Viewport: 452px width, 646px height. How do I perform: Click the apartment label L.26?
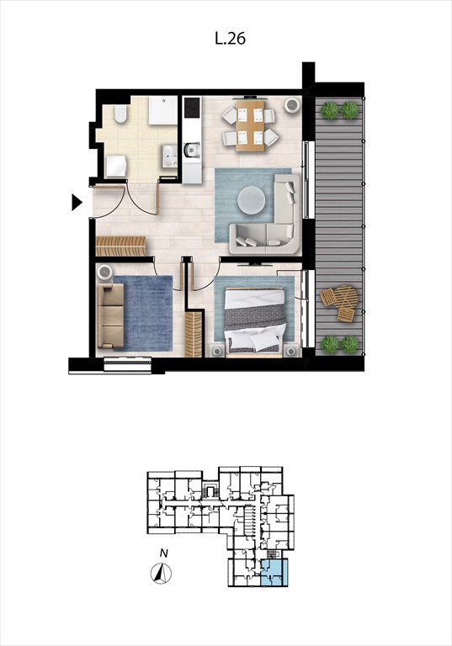pos(230,39)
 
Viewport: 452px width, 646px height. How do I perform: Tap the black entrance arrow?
pos(77,202)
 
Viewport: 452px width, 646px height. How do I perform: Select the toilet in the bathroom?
pos(120,114)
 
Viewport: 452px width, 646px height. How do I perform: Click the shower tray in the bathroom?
pos(163,110)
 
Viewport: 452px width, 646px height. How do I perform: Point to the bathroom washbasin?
pos(169,156)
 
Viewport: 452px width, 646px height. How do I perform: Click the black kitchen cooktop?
pos(191,107)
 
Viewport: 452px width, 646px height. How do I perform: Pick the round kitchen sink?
pos(191,150)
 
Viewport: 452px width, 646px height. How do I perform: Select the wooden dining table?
pos(250,125)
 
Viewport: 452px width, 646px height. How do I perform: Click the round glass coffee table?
pos(251,200)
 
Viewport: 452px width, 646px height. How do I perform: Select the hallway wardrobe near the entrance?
pos(121,246)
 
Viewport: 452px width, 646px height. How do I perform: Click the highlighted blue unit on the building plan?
pos(274,573)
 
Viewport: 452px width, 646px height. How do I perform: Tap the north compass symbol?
pos(161,574)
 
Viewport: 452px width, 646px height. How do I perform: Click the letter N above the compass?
pos(164,553)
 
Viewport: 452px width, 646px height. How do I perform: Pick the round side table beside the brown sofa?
pos(104,273)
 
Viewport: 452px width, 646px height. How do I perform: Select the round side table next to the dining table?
pos(292,104)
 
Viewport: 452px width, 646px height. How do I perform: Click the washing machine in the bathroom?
pos(116,166)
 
